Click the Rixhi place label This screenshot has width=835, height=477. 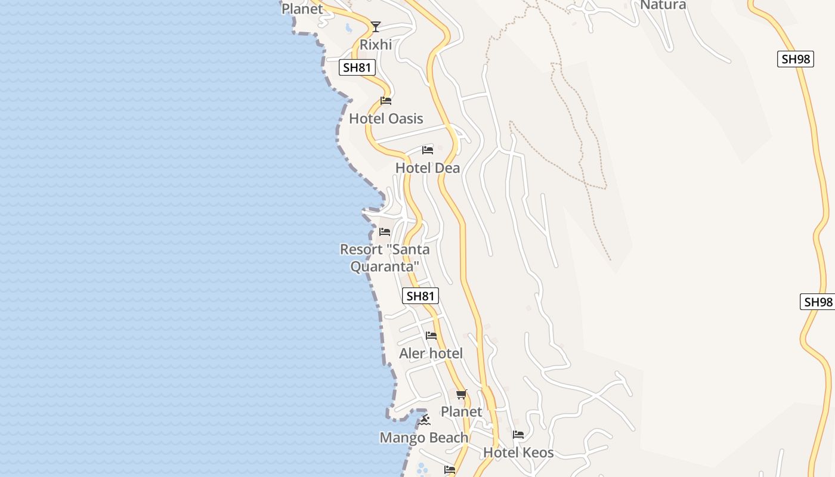point(376,45)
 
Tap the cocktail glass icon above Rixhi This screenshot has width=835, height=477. point(375,26)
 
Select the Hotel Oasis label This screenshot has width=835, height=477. point(386,119)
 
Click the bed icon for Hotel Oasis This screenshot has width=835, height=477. point(386,101)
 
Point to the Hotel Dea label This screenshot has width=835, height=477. point(428,168)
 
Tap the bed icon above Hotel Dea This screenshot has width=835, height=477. point(428,150)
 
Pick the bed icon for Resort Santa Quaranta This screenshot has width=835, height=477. point(385,231)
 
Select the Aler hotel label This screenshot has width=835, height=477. point(431,354)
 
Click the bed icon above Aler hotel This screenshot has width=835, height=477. point(431,336)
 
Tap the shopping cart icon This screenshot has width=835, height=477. point(462,394)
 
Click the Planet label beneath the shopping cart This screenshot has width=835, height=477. point(461,411)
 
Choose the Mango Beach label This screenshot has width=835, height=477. point(424,438)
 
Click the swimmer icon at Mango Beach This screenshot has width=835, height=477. point(424,420)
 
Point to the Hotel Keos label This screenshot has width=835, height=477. point(518,453)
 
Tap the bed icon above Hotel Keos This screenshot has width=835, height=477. point(518,435)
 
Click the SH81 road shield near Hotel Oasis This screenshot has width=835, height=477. point(358,67)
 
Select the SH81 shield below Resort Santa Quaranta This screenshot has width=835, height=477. point(420,296)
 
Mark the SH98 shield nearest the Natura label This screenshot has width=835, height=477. point(796,59)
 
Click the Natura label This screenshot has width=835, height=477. point(663,5)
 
